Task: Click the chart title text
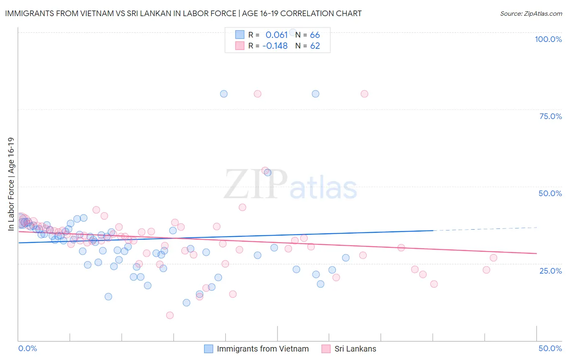183,13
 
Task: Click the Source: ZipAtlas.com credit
531,13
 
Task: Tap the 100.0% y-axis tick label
548,39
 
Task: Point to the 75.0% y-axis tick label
550,116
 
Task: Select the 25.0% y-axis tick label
550,271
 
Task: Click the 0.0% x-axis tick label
27,348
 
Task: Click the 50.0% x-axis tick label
550,348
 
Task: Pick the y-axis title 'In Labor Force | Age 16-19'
11,184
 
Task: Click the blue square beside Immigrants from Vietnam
208,349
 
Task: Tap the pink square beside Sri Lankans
326,349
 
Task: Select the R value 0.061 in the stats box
276,35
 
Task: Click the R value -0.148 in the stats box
275,46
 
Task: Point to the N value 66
315,35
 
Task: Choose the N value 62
315,46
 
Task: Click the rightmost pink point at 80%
364,94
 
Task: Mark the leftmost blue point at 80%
223,94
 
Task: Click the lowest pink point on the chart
170,315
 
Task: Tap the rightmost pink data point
493,258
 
